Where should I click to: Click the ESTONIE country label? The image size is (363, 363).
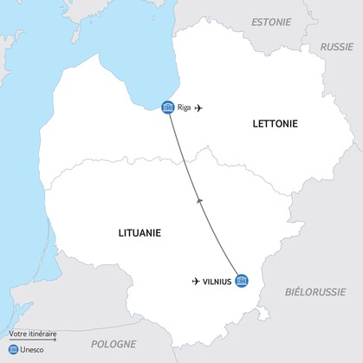click(x=272, y=20)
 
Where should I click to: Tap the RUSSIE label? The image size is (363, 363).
click(x=337, y=47)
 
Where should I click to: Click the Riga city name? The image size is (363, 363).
click(x=185, y=107)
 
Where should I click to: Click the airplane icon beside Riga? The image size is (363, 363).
click(x=200, y=107)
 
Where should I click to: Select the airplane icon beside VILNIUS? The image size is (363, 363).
click(x=196, y=282)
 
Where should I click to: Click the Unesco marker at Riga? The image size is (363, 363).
click(x=168, y=107)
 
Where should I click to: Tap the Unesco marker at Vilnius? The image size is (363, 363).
click(x=242, y=282)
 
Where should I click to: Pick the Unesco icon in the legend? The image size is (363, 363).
click(x=13, y=349)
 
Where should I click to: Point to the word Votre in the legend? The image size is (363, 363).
click(x=16, y=333)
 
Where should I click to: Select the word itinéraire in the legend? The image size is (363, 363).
click(x=42, y=333)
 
